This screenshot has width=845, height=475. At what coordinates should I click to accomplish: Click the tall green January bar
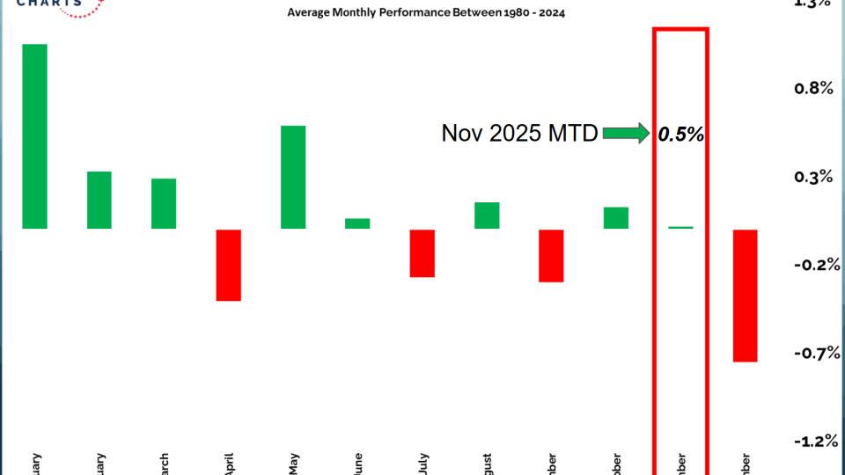35,136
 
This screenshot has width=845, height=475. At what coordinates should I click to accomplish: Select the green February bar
99,200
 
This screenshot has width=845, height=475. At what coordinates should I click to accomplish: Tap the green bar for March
164,203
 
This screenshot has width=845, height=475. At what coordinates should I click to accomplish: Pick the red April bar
229,265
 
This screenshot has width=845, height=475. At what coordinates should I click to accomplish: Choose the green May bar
293,177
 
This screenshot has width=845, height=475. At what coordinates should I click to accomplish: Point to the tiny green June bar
357,223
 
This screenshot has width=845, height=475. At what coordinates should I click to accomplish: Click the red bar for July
422,253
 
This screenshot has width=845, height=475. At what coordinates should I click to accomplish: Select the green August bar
487,216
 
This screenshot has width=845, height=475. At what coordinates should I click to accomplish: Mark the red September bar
551,256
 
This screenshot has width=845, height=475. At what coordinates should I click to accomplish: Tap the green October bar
616,218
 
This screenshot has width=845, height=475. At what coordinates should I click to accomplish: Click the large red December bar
746,296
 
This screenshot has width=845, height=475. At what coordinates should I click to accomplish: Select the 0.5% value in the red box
680,134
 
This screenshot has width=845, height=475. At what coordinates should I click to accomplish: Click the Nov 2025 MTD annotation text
519,134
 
